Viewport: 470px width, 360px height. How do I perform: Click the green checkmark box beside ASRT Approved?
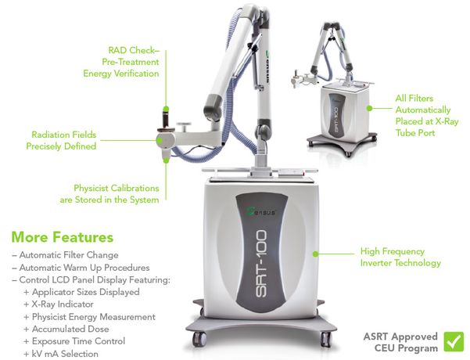click(453, 340)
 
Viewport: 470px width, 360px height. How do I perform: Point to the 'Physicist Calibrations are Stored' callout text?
click(116, 193)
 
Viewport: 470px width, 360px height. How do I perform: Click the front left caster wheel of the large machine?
click(200, 339)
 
